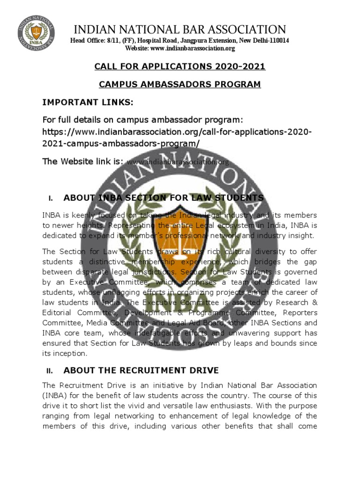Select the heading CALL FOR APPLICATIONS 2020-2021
coord(180,67)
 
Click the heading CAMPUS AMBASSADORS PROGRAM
coord(180,84)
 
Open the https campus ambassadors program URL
coord(177,137)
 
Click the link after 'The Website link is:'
coord(178,162)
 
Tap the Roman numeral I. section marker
coord(51,199)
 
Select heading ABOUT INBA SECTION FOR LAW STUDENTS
coord(164,198)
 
